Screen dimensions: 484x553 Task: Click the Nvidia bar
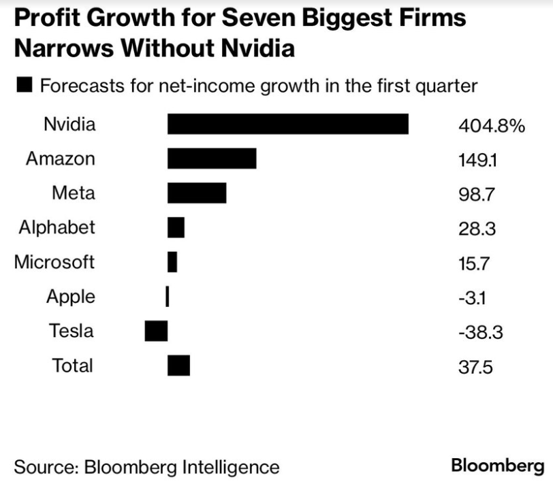pos(287,125)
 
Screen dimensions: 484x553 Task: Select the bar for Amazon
pos(212,159)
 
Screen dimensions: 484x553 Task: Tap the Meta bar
pos(197,193)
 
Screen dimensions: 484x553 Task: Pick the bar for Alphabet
pos(176,227)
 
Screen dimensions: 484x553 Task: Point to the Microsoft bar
pos(172,262)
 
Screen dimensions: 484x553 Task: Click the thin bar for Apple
pos(167,296)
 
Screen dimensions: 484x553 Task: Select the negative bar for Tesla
pos(156,331)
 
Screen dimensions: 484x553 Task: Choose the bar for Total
pos(178,366)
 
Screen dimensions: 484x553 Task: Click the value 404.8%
pos(491,126)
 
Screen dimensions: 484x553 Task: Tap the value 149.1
pos(478,161)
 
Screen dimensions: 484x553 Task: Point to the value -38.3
pos(480,333)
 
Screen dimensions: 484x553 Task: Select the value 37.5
pos(475,368)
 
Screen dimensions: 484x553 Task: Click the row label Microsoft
pos(54,261)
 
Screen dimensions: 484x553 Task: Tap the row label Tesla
pos(71,331)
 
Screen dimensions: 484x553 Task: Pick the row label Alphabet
pos(57,227)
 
